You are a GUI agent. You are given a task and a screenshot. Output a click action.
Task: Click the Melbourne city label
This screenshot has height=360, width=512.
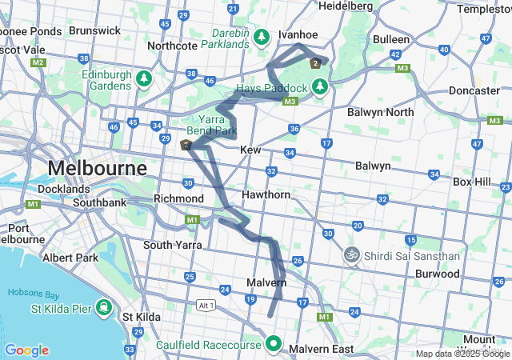(97, 169)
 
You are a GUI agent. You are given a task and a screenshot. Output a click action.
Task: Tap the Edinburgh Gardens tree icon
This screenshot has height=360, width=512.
(143, 78)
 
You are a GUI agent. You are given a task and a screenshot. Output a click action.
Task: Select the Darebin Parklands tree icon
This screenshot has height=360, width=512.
(262, 37)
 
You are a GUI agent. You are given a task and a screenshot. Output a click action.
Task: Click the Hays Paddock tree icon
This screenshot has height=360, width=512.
(319, 86)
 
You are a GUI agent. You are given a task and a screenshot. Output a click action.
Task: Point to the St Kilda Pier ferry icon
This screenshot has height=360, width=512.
(104, 306)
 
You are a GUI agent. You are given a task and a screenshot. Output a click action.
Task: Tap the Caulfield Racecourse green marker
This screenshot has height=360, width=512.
(273, 345)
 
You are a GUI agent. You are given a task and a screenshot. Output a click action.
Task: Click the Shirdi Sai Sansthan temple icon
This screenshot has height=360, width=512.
(350, 256)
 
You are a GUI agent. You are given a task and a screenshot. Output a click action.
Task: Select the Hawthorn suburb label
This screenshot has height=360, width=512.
(266, 195)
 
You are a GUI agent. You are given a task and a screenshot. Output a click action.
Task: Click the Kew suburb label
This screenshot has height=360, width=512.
(250, 150)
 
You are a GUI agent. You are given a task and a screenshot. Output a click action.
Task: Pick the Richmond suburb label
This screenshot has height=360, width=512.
(179, 198)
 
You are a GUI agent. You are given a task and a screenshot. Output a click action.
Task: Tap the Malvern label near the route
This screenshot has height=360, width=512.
(266, 283)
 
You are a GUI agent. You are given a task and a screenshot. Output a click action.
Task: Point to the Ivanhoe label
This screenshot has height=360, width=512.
(298, 34)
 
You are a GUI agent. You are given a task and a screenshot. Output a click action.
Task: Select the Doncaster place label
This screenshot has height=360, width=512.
(474, 90)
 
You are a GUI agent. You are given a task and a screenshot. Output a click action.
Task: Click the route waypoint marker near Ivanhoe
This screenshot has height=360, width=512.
(316, 63)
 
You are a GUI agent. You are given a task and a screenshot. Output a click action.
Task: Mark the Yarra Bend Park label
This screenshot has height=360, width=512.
(212, 124)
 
